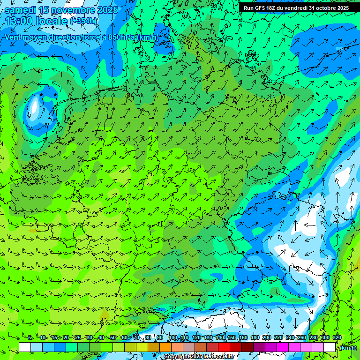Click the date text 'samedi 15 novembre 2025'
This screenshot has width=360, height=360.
61,10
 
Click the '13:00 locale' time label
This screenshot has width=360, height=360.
37,21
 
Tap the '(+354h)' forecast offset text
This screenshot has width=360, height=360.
84,21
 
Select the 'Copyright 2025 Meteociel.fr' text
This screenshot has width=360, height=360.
199,356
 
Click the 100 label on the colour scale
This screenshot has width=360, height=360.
173,338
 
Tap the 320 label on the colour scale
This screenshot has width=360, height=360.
337,338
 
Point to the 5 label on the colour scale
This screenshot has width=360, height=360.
30,338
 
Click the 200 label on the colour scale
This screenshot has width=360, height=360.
267,338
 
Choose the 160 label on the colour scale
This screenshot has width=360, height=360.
243,338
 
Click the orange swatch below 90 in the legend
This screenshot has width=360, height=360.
165,347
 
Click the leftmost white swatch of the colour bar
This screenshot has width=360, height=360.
25,347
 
